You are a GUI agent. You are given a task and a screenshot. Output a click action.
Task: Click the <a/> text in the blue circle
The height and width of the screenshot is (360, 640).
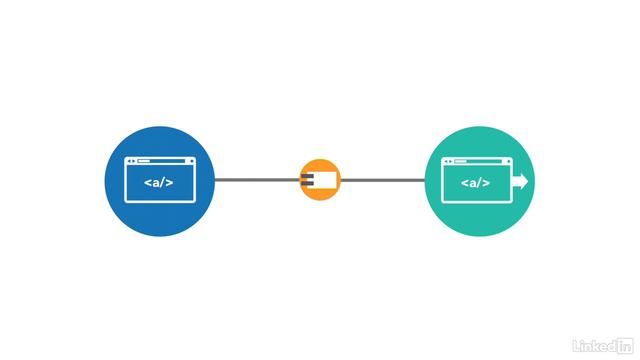click(x=159, y=183)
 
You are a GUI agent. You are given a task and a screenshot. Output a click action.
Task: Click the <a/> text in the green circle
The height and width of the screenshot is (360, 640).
click(x=475, y=183)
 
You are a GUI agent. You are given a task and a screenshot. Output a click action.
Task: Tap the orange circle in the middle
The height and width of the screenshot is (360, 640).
click(x=320, y=180)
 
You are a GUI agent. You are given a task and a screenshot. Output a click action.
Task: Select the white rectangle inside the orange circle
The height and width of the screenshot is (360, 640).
click(x=326, y=180)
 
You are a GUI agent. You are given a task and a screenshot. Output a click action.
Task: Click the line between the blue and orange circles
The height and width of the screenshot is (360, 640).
click(x=257, y=180)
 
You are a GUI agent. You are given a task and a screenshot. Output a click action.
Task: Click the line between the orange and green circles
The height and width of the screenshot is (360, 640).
click(x=383, y=180)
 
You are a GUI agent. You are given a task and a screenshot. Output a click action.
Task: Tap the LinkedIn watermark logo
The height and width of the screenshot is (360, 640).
click(x=605, y=345)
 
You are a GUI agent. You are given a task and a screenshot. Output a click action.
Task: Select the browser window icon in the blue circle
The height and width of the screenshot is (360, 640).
click(x=159, y=179)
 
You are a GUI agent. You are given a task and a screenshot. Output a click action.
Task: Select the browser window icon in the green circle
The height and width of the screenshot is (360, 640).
click(x=476, y=179)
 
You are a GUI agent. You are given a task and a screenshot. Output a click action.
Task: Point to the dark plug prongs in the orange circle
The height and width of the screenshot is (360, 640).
click(x=307, y=180)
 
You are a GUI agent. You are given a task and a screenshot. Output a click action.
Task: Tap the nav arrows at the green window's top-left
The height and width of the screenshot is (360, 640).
click(x=446, y=161)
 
